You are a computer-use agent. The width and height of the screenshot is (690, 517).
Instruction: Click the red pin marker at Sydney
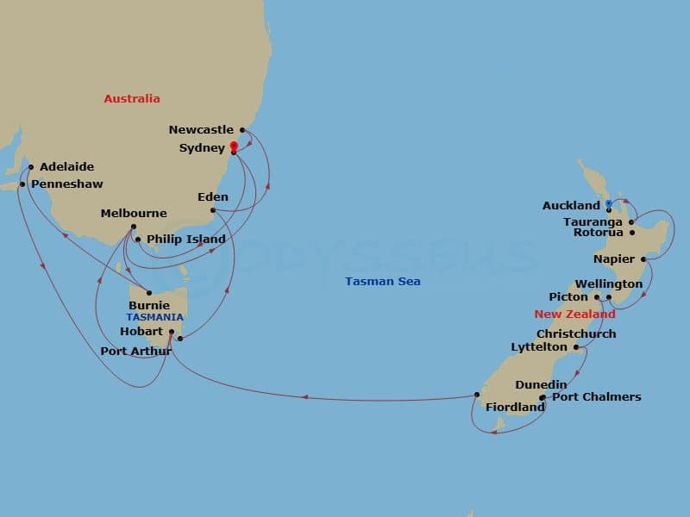(233, 146)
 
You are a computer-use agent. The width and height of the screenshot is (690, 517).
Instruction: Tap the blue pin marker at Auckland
(608, 205)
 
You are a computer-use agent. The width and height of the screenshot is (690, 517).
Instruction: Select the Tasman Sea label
(383, 282)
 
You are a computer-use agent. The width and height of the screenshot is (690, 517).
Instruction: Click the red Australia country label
(132, 98)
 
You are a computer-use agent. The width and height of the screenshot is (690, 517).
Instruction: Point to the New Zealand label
(574, 315)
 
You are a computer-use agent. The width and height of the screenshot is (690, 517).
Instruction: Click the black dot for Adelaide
(30, 167)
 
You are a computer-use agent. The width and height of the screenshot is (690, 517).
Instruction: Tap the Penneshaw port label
(66, 184)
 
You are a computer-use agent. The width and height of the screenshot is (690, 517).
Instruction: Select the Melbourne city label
(134, 214)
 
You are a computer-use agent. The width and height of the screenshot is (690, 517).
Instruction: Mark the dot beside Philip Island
(138, 240)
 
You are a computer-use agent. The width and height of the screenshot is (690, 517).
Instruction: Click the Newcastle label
(202, 130)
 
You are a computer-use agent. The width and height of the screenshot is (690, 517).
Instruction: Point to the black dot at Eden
(212, 209)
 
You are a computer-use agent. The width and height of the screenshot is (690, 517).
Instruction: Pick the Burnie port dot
(149, 292)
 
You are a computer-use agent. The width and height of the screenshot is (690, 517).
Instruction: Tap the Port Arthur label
(136, 351)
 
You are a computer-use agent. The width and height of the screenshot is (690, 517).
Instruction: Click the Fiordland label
(513, 407)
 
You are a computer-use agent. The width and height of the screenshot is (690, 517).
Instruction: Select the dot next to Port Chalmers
(543, 398)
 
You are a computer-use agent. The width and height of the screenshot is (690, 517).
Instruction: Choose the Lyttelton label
(538, 347)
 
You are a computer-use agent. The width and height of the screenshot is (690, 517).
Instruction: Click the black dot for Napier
(643, 258)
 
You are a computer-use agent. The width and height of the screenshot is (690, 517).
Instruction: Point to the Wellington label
(609, 284)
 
